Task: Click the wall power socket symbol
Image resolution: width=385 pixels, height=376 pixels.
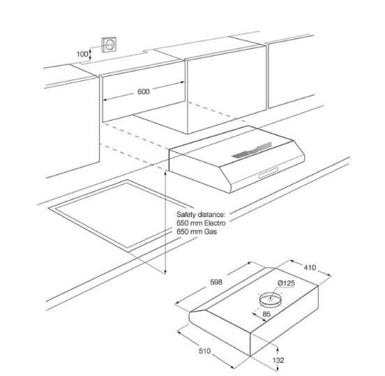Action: [x=109, y=45]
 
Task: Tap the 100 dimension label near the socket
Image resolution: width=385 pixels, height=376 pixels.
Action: [x=82, y=54]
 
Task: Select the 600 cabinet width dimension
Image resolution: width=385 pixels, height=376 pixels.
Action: [x=144, y=91]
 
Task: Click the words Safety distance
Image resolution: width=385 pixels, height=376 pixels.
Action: [x=200, y=215]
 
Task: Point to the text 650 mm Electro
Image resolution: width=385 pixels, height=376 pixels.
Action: [x=201, y=223]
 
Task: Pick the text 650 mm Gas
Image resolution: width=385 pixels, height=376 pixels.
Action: [x=197, y=232]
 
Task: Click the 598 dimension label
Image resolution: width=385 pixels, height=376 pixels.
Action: [x=216, y=283]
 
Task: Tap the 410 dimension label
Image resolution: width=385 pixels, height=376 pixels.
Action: [x=310, y=267]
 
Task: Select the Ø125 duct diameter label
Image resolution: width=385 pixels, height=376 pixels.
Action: [x=286, y=283]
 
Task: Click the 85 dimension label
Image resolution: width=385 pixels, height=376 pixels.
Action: [x=266, y=314]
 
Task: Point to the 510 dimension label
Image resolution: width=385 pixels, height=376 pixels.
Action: [x=204, y=351]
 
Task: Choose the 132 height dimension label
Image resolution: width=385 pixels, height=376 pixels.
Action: [x=278, y=360]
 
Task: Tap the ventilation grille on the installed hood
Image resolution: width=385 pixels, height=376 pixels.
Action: [x=252, y=150]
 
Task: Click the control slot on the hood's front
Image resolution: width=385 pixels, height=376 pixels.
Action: [x=269, y=172]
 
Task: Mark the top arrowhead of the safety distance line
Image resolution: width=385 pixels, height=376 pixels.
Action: [x=165, y=172]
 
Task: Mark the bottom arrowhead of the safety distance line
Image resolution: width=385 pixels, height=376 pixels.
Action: [x=165, y=271]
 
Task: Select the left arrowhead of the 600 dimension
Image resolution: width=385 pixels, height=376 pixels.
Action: [x=105, y=100]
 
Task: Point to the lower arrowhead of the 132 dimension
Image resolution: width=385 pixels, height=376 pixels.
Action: [x=278, y=369]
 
